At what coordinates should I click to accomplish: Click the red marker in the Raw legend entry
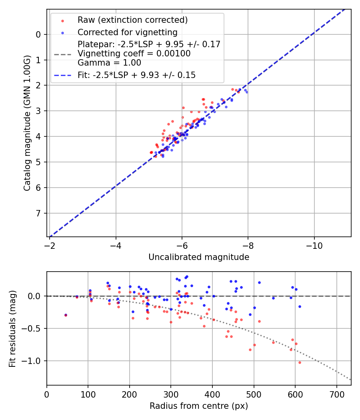point(62,20)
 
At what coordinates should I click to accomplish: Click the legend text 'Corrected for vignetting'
point(127,32)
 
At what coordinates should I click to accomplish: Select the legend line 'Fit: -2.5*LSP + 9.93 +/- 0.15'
point(136,75)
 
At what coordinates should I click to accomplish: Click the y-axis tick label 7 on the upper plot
point(38,213)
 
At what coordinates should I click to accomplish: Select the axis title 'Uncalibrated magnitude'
point(199,257)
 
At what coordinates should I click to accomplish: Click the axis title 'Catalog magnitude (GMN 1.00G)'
point(27,123)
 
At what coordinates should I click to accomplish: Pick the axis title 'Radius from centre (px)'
point(199,406)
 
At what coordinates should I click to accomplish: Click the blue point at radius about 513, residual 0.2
point(259,282)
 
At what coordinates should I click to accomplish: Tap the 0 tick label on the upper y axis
point(38,34)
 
